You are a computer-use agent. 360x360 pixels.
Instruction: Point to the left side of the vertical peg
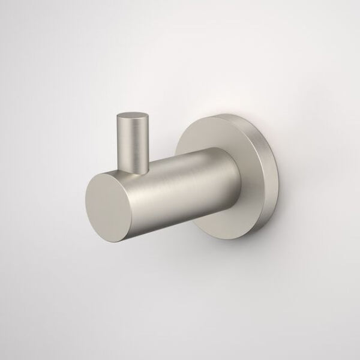(119, 141)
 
